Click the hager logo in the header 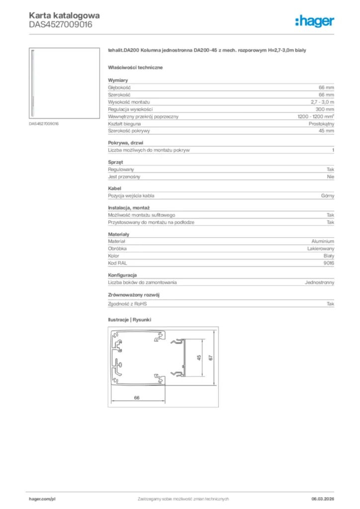314,21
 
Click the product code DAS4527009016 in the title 60,24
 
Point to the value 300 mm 325,109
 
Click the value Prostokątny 321,123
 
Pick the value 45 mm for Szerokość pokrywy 326,131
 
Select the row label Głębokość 120,87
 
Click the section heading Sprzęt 115,162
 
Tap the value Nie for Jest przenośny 330,176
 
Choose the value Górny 327,196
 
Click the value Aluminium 323,241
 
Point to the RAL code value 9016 328,263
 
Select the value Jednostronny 319,282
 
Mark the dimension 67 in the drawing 210,358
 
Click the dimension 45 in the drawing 198,358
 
